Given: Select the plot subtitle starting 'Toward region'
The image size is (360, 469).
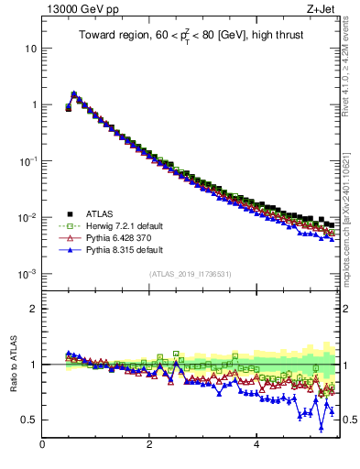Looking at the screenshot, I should [190, 37].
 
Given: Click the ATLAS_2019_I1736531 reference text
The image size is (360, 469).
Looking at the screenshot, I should [190, 274].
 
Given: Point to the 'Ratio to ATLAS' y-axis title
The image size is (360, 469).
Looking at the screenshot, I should [14, 365].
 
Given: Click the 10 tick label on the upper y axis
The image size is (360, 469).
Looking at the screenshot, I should [31, 48].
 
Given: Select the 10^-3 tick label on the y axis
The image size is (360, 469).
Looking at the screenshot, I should [28, 274].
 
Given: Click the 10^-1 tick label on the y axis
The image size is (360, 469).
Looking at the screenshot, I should [28, 160].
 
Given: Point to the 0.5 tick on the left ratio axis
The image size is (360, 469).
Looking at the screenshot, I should [29, 420].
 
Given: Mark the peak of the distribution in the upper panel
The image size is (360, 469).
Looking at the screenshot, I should [73, 93].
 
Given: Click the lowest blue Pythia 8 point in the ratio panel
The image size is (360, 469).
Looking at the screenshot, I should [322, 427].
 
